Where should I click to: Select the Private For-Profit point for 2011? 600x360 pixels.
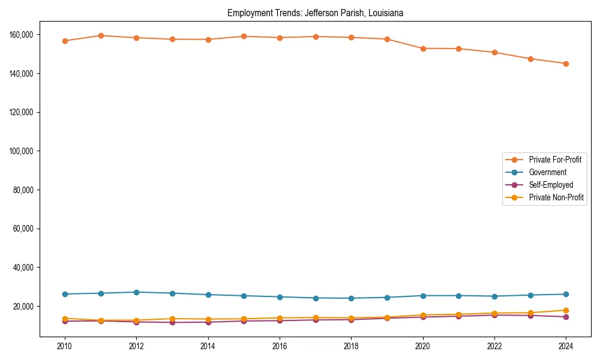tap(101, 35)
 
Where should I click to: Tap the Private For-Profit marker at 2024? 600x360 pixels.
tap(566, 64)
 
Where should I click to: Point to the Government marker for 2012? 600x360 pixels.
tap(136, 292)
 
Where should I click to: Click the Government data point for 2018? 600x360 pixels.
tap(351, 298)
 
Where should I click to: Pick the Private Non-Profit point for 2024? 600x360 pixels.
tap(566, 310)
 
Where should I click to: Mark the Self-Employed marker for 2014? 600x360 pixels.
tap(208, 322)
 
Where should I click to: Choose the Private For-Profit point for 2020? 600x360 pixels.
tap(423, 49)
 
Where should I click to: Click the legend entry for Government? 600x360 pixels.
tap(547, 172)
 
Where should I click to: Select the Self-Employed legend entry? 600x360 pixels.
tap(551, 185)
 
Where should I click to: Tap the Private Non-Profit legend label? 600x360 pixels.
tap(556, 197)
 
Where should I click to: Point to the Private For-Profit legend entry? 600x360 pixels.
tap(555, 160)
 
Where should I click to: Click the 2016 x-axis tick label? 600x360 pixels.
tap(280, 346)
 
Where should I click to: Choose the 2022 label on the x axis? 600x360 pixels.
tap(494, 346)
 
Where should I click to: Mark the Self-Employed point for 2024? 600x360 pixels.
tap(566, 317)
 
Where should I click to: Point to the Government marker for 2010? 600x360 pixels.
tap(65, 294)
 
